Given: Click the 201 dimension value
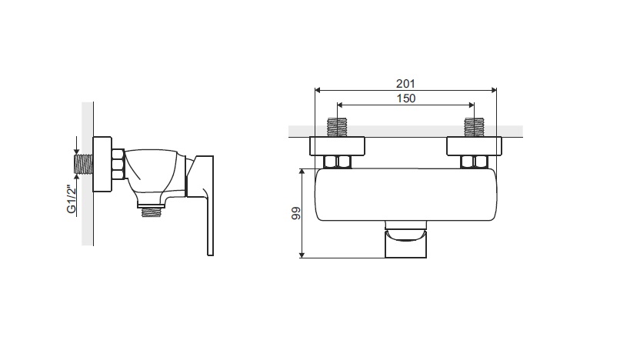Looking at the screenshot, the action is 405,84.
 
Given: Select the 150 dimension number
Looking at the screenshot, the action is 406,98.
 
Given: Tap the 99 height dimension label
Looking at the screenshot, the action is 295,213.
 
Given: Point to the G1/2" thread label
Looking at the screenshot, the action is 72,199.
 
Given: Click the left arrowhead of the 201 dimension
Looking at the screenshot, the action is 318,90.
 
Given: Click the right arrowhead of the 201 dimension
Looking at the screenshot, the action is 494,90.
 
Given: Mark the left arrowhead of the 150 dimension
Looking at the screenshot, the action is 340,105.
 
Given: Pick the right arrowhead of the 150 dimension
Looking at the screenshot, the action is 471,105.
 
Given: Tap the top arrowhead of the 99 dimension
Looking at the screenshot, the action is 302,172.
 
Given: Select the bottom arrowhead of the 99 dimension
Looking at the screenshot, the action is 302,255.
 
